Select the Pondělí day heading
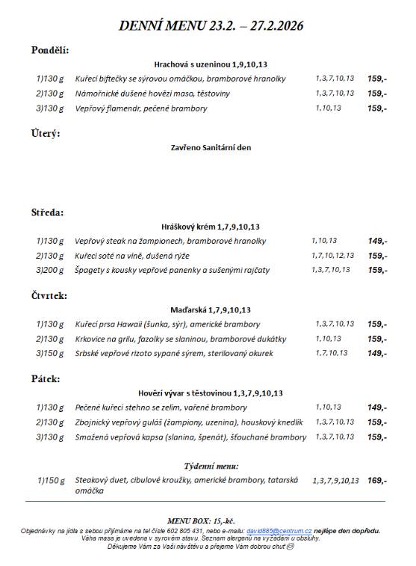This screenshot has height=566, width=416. point(50,50)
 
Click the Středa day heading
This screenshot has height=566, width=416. point(48,212)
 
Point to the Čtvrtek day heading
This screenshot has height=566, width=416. point(49,295)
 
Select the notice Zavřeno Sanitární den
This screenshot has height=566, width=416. point(211,148)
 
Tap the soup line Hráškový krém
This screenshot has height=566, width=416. point(211,227)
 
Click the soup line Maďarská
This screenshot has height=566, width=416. point(211,310)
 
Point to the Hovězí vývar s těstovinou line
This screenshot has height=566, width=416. point(211,393)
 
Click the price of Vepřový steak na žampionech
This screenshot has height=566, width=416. point(377,241)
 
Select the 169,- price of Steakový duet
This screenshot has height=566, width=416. point(377,481)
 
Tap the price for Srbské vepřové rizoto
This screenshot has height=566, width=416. point(377,353)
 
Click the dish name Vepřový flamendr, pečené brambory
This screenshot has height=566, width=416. point(141,108)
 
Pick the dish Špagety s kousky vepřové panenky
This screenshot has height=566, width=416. point(173,270)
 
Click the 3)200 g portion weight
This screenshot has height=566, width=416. point(51,270)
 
